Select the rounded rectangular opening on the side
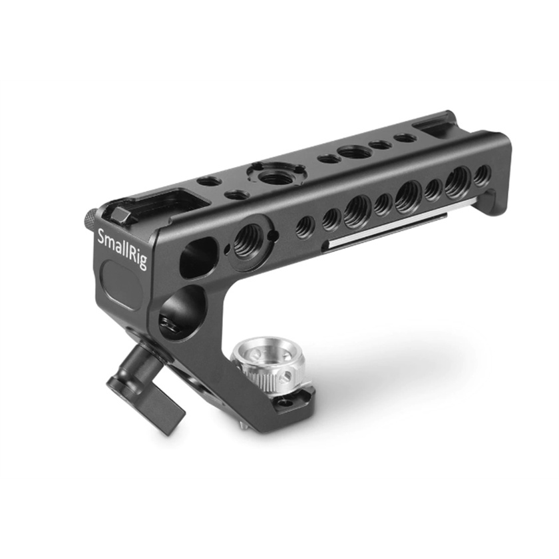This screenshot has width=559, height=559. pyautogui.click(x=198, y=258)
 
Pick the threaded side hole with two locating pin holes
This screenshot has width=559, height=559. pyautogui.click(x=249, y=237)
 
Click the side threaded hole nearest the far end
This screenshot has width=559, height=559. pyautogui.click(x=481, y=175)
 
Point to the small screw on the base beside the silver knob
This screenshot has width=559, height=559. pyautogui.click(x=287, y=403)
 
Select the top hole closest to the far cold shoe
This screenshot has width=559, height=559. pyautogui.click(x=405, y=138)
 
